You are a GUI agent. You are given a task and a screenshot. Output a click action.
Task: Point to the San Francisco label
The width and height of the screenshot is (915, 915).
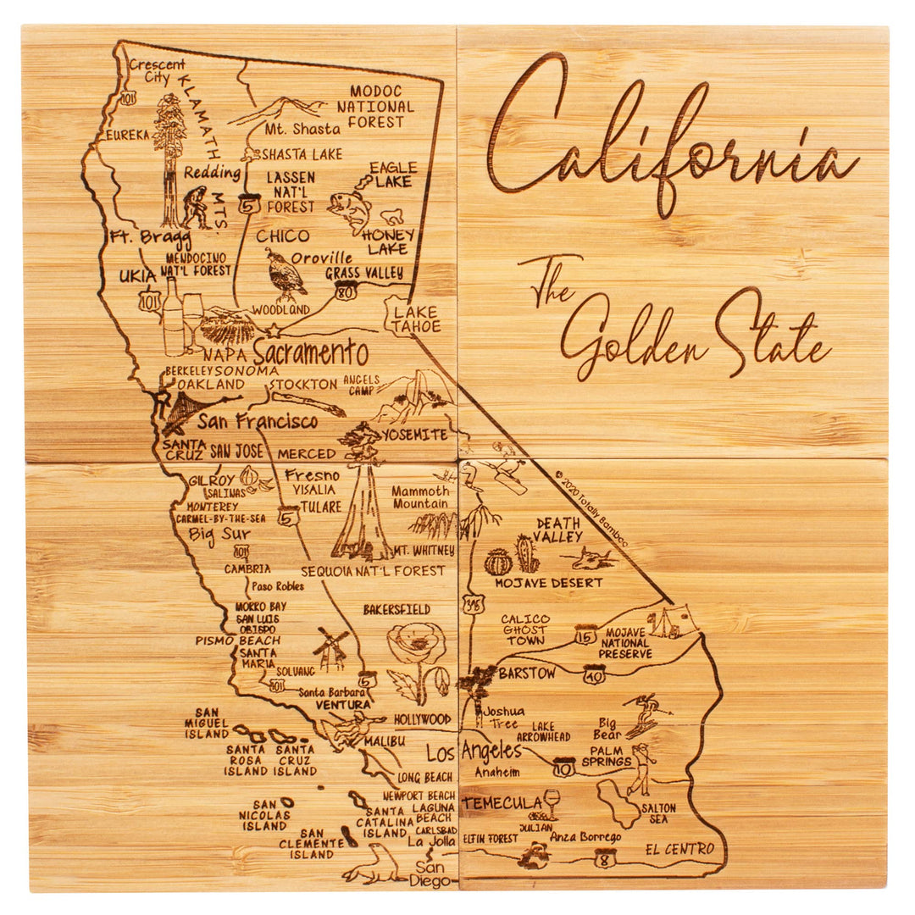258,421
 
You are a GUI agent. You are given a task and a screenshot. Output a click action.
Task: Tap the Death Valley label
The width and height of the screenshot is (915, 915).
557,530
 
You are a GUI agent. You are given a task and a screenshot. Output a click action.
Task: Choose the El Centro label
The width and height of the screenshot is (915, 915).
679,849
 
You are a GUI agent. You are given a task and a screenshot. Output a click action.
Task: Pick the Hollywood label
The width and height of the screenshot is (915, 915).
423,719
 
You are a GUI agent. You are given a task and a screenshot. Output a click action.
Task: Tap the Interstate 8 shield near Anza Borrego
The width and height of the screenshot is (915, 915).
604,857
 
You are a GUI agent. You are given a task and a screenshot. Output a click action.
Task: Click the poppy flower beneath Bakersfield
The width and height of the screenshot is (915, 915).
417,648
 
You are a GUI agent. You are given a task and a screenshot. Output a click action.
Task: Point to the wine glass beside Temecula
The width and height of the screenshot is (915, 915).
552,801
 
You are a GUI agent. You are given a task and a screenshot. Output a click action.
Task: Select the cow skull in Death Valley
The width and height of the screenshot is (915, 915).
594,558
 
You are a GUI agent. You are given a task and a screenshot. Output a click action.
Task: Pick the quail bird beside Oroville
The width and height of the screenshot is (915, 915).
285,275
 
